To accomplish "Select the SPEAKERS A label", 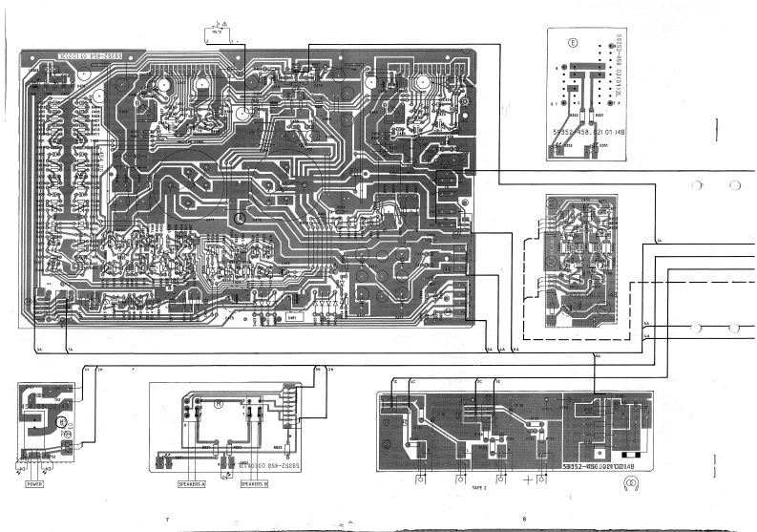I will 192,483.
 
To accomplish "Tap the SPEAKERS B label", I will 253,483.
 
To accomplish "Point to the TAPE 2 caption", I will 483,486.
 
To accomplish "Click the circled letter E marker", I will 573,43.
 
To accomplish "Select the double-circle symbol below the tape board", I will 629,487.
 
